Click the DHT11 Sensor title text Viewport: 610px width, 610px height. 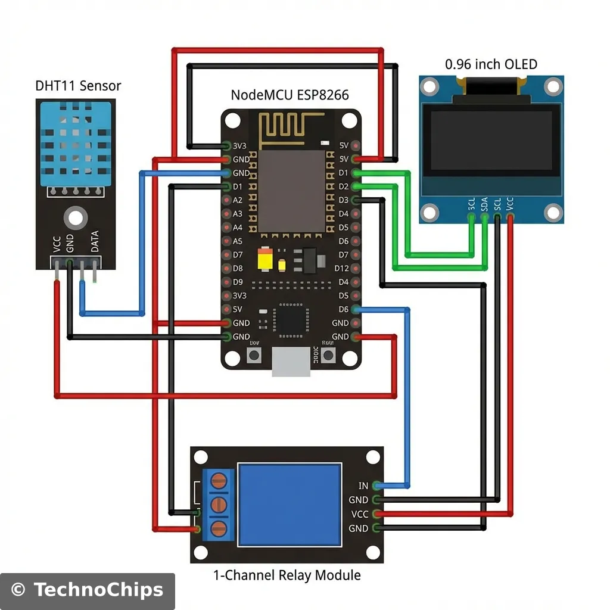point(78,86)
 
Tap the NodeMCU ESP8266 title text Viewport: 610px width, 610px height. point(290,95)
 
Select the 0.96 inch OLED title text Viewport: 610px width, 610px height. point(491,64)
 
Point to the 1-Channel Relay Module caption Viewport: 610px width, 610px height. point(287,575)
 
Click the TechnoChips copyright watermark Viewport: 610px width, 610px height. point(88,590)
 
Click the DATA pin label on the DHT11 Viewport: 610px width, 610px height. point(94,242)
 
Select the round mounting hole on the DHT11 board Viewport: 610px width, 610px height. point(74,218)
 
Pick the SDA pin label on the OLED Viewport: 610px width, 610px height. point(484,206)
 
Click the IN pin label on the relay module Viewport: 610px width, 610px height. point(363,487)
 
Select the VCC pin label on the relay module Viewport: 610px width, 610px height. point(359,514)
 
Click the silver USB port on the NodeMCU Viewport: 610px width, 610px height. point(291,362)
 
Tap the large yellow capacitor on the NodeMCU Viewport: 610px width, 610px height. point(265,260)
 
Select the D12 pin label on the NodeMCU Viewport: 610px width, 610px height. point(341,269)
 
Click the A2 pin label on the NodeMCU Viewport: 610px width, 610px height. point(238,200)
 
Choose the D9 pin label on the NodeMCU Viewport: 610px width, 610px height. point(238,282)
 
